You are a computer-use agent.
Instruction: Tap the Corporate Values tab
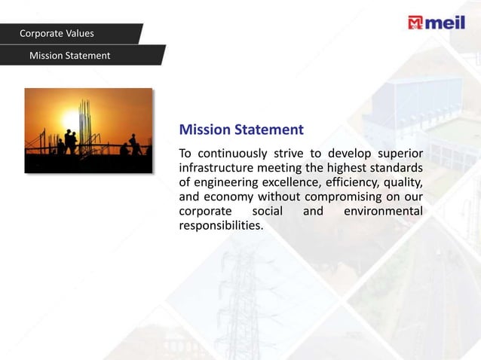pyautogui.click(x=57, y=33)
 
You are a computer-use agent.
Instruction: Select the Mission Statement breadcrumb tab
pyautogui.click(x=69, y=56)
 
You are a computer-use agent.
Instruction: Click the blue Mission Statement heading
pyautogui.click(x=241, y=130)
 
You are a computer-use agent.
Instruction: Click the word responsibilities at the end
pyautogui.click(x=220, y=225)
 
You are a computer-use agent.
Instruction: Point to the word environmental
pyautogui.click(x=382, y=211)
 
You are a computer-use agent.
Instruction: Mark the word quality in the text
pyautogui.click(x=403, y=182)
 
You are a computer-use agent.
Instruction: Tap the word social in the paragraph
pyautogui.click(x=268, y=211)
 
